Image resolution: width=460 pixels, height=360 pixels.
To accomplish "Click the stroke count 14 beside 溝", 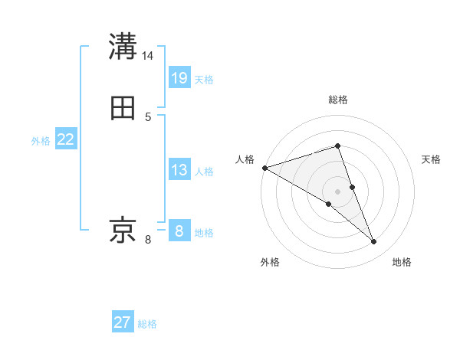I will pyautogui.click(x=149, y=56).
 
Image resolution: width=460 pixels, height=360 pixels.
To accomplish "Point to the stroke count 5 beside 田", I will pyautogui.click(x=149, y=117).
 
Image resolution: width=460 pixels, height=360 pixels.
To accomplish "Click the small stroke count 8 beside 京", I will pyautogui.click(x=149, y=240).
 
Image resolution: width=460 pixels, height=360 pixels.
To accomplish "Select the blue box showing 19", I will pyautogui.click(x=179, y=77).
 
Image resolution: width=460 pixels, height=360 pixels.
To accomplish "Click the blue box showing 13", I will pyautogui.click(x=179, y=170).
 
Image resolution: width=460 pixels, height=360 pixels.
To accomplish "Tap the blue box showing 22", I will pyautogui.click(x=66, y=139).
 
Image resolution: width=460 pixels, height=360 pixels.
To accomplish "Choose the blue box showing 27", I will pyautogui.click(x=123, y=322).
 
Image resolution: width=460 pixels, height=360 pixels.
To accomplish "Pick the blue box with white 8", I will pyautogui.click(x=179, y=231).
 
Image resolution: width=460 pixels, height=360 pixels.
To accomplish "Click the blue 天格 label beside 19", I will pyautogui.click(x=205, y=80).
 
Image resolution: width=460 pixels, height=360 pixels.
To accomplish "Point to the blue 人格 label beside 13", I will pyautogui.click(x=205, y=172).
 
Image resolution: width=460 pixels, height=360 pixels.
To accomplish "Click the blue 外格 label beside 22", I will pyautogui.click(x=41, y=141).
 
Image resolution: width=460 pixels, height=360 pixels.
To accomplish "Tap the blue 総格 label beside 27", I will pyautogui.click(x=147, y=324).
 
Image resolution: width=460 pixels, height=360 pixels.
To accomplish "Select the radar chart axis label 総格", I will pyautogui.click(x=338, y=100).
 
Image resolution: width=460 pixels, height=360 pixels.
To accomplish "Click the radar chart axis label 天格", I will pyautogui.click(x=432, y=159).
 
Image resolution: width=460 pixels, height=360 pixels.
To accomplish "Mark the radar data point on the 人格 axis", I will pyautogui.click(x=264, y=167).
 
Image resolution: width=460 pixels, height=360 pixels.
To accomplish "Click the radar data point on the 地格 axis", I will pyautogui.click(x=374, y=242).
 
